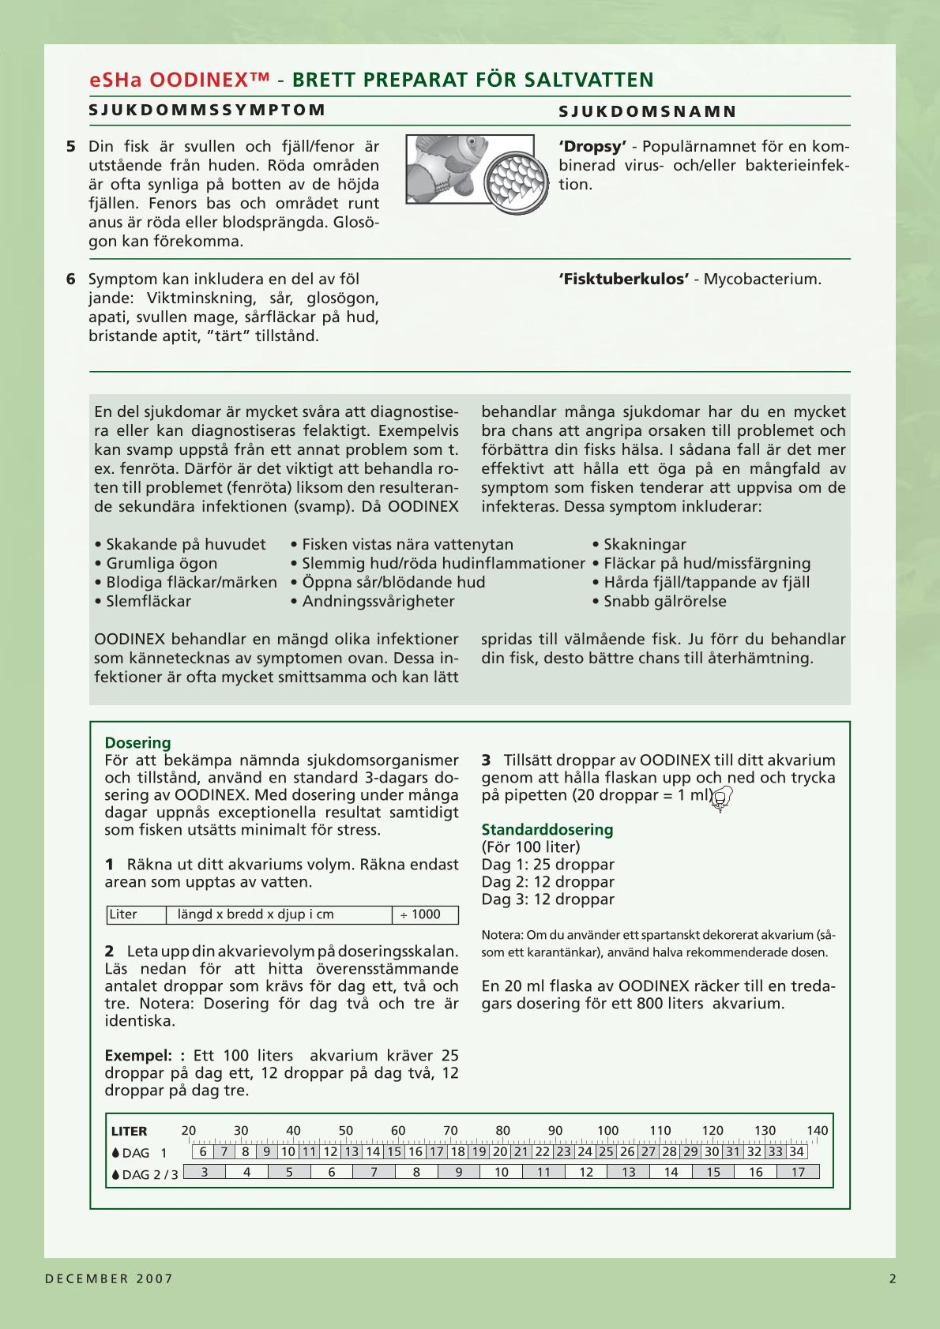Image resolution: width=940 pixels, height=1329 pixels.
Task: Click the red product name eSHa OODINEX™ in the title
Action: coord(180,80)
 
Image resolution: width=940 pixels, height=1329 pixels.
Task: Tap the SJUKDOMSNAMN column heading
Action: coord(648,111)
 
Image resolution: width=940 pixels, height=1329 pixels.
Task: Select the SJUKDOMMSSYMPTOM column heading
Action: coord(207,110)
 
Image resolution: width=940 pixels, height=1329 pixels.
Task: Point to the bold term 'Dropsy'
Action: coord(592,147)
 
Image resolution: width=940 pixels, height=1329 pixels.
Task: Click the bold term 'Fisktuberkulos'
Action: coord(624,280)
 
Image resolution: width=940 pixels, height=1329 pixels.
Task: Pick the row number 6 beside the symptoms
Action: coord(71,280)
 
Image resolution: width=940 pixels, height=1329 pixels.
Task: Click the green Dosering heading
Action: coord(137,743)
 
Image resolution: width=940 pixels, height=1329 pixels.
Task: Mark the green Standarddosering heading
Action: coord(547,830)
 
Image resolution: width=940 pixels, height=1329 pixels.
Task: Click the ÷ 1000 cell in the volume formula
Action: coord(425,914)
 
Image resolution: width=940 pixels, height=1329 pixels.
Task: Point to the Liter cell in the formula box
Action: coord(123,914)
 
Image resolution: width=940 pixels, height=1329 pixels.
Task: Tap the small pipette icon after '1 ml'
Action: coord(721,801)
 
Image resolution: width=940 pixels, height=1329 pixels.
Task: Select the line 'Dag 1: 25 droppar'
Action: coord(547,865)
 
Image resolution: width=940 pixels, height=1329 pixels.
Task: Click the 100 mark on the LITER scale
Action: coord(607,1131)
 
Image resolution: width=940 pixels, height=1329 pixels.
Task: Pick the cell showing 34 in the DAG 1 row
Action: coord(796,1152)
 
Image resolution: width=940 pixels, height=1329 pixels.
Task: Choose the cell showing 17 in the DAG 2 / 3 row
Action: coord(798,1173)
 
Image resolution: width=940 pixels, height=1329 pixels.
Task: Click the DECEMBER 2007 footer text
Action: coord(109,1279)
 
